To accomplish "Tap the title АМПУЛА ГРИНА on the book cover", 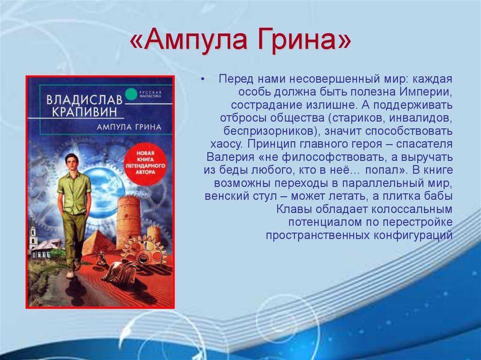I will (129, 127).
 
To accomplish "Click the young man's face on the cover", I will (72, 162).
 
